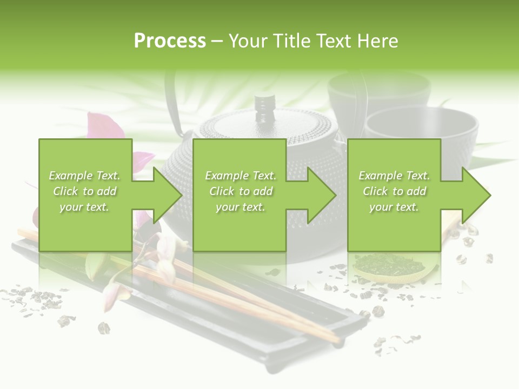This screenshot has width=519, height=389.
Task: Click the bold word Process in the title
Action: (170, 41)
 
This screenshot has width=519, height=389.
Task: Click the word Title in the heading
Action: (290, 41)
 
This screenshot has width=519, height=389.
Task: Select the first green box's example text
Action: (85, 191)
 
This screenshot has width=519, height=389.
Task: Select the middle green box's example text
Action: (241, 191)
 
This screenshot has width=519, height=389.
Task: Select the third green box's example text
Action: (394, 191)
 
